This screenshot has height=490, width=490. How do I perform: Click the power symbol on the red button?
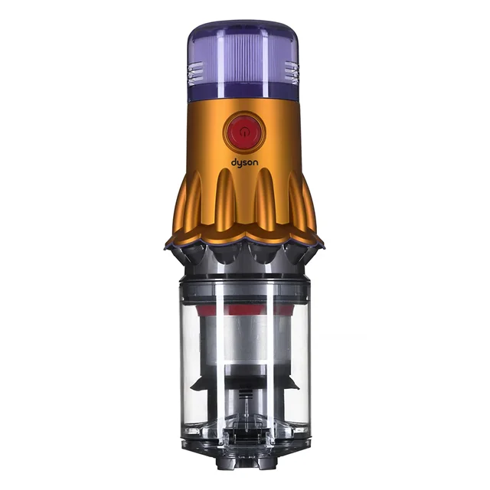244,132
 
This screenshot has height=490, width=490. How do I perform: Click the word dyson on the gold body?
245,163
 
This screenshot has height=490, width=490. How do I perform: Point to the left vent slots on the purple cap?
195,73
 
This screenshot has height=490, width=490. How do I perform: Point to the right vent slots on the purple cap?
292,73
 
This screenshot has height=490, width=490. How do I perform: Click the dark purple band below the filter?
243,93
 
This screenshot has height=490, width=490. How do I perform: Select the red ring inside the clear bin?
244,310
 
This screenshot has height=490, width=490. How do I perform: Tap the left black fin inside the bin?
199,383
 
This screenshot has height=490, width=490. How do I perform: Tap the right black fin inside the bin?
289,383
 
